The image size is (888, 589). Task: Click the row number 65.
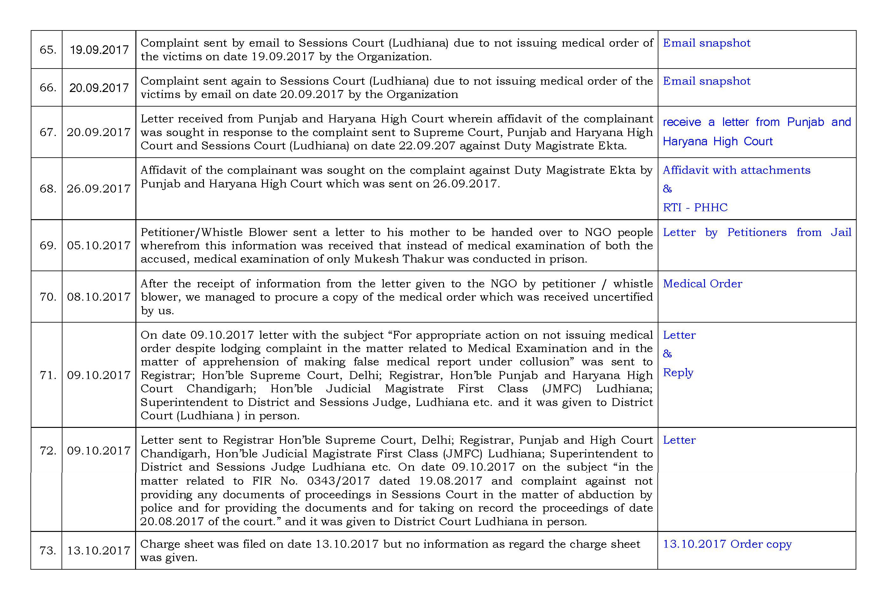[48, 49]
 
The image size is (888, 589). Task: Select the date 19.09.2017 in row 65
[99, 49]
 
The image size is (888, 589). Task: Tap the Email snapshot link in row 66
[706, 81]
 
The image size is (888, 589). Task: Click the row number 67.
[48, 132]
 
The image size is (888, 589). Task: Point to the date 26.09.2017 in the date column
[98, 189]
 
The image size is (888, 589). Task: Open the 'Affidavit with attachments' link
[736, 170]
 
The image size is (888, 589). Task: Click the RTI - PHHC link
[695, 207]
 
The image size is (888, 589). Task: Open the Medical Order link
[702, 284]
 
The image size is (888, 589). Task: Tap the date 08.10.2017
[98, 297]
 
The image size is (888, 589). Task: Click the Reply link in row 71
[678, 372]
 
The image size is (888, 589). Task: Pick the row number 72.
[48, 450]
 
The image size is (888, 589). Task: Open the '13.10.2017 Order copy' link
[727, 544]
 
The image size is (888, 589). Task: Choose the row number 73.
[48, 551]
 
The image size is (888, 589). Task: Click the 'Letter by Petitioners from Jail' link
[756, 232]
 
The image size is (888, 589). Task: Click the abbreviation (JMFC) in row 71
[561, 389]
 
